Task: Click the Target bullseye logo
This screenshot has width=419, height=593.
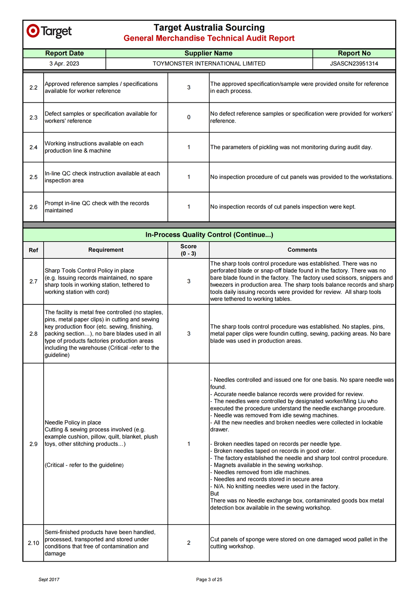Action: point(33,31)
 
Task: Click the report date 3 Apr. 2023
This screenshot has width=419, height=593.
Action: point(64,64)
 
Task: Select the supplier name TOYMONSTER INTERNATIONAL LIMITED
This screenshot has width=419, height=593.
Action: point(209,64)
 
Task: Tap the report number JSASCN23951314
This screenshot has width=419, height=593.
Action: point(354,64)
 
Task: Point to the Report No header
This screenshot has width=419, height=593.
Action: point(354,53)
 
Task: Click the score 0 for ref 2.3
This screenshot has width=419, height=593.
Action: point(189,117)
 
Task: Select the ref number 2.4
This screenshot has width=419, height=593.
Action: point(34,147)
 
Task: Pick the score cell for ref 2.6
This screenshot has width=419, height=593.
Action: point(189,207)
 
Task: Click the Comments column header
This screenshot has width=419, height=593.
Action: point(302,250)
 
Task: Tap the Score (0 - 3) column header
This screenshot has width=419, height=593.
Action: point(189,250)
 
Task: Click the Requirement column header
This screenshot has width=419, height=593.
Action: point(106,250)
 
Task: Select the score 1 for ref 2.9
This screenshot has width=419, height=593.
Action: point(189,444)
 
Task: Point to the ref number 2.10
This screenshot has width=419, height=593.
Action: point(34,543)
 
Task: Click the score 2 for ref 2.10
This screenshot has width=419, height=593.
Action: point(189,543)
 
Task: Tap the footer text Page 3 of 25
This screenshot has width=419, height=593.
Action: point(209,580)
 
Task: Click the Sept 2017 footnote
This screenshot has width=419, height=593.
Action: point(49,580)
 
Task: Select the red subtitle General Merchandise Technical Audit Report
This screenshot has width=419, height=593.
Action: point(209,38)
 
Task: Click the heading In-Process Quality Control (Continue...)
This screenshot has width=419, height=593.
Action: point(209,235)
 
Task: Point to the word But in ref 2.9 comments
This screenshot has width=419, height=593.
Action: point(215,494)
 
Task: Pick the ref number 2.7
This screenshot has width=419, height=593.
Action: point(34,281)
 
